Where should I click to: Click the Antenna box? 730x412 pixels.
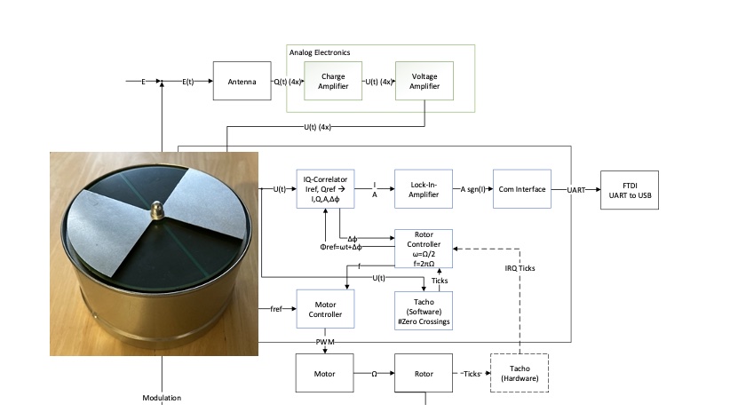tap(242, 81)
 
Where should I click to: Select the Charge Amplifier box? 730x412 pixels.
tap(333, 81)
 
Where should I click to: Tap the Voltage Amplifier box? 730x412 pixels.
tap(425, 81)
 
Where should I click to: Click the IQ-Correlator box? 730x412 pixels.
tap(325, 188)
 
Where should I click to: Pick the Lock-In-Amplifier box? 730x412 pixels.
tap(424, 188)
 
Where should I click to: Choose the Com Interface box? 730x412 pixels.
tap(522, 188)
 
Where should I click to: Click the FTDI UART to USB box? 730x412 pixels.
tap(630, 190)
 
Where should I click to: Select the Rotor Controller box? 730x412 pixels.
tap(424, 249)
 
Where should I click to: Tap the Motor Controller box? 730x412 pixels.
tap(325, 309)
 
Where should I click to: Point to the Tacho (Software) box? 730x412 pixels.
tap(424, 311)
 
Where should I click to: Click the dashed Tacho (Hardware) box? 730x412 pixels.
tap(520, 373)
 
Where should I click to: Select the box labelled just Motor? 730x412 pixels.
tap(324, 373)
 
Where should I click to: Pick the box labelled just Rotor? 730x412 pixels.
tap(424, 373)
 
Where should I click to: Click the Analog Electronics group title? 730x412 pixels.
tap(320, 52)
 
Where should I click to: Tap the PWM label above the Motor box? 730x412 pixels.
tap(325, 342)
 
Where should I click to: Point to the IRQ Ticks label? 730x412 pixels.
tap(520, 268)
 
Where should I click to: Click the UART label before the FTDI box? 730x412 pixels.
tap(575, 190)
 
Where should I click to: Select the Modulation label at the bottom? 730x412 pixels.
tap(162, 398)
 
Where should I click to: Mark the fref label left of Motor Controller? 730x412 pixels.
tap(276, 309)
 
